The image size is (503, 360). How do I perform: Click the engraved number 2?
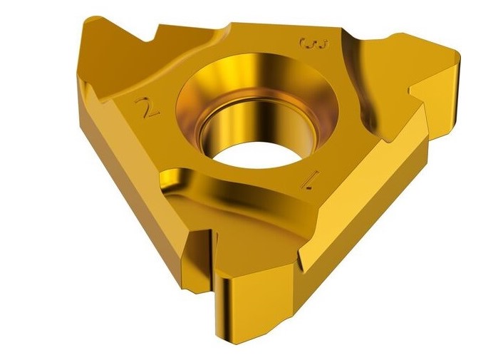151,109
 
